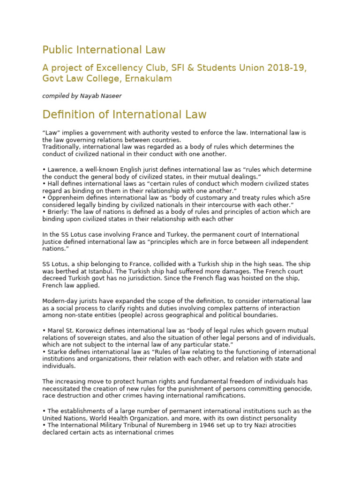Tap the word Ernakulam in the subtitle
tap(148, 79)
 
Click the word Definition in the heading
tap(68, 114)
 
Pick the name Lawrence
tap(60, 170)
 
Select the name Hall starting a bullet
tap(52, 184)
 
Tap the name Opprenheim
tap(63, 198)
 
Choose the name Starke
tap(55, 352)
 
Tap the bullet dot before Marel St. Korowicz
tap(44, 330)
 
